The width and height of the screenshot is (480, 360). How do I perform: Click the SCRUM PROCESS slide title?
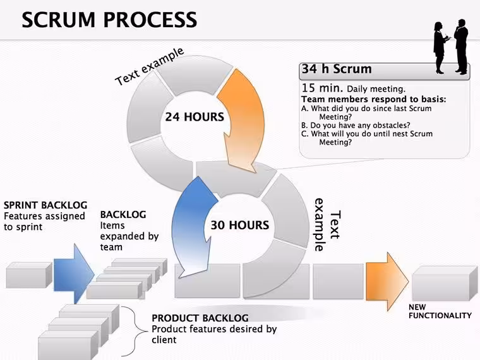coord(109,20)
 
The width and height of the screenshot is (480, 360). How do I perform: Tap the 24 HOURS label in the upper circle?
coord(195,117)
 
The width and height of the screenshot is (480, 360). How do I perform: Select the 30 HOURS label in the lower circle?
coord(240,225)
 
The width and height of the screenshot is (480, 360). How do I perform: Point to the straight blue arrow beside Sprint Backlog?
coord(74,274)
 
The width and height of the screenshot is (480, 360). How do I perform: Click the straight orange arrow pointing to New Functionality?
coord(387,282)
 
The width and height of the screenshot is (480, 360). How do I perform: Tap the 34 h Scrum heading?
coord(337,69)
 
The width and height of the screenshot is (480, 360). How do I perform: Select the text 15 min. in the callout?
coord(322,88)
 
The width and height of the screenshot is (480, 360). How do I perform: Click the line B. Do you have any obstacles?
coord(356,125)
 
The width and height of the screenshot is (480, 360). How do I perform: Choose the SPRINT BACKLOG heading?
coord(45,205)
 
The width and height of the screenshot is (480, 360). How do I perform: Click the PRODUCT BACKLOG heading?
coord(200,318)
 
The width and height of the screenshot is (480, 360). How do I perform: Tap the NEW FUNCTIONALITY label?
coord(440,311)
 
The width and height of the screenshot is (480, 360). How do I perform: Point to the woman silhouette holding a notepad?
coord(441,48)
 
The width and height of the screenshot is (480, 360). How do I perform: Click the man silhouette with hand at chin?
coord(461,47)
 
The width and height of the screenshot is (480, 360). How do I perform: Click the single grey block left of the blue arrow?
coord(29,275)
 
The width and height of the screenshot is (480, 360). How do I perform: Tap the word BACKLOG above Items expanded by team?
coord(123,215)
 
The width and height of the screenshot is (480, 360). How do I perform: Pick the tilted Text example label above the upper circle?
coord(150,66)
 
